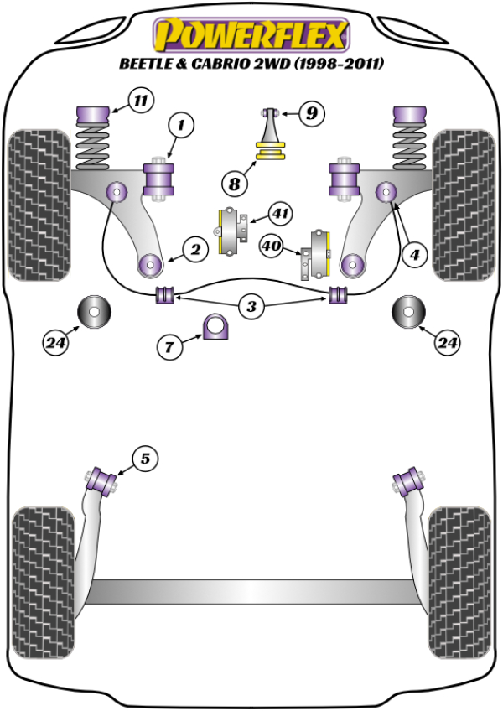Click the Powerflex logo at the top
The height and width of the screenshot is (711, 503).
[x=251, y=35]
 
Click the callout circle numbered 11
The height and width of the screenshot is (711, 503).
[x=140, y=102]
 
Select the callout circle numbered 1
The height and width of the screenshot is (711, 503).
[x=182, y=127]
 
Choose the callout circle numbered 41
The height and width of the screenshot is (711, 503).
[x=280, y=215]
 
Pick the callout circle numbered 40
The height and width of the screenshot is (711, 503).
[x=271, y=247]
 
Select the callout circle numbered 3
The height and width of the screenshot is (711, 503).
[x=251, y=308]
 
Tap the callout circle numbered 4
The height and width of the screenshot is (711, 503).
[x=413, y=255]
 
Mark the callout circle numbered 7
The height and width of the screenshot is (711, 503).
[x=171, y=345]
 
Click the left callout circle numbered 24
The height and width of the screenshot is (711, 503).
[x=56, y=341]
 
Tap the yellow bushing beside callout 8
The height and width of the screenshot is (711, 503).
[x=271, y=153]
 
